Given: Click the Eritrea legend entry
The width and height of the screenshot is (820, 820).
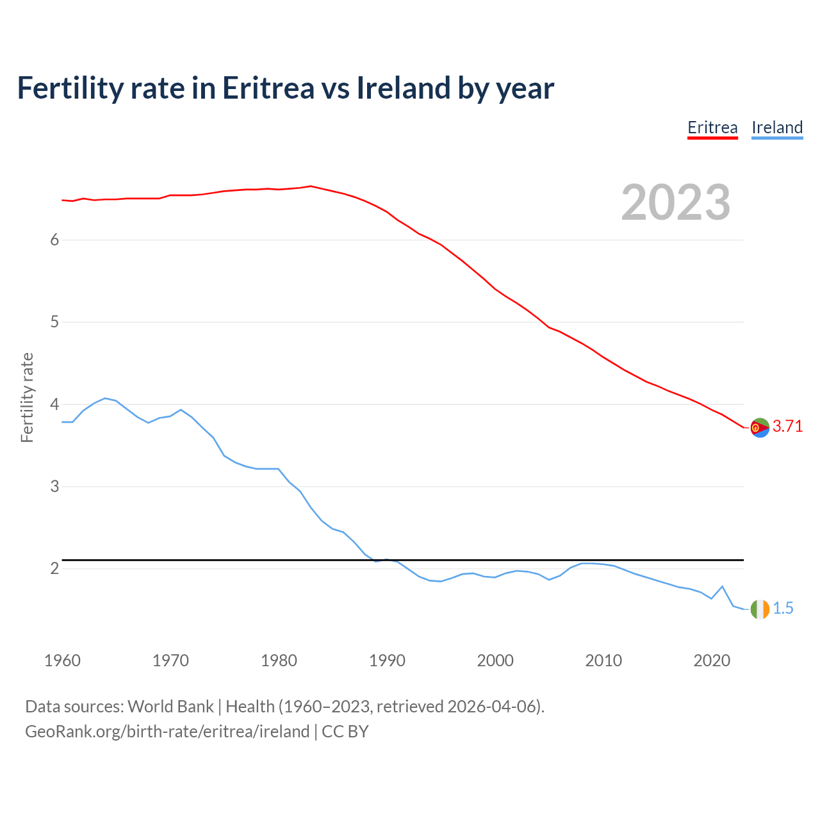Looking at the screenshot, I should pyautogui.click(x=712, y=127).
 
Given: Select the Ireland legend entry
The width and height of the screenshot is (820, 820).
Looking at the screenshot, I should pyautogui.click(x=777, y=127).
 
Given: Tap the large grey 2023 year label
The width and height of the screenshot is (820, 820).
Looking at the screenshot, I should pyautogui.click(x=676, y=202).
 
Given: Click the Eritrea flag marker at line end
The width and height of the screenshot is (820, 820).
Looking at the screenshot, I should pyautogui.click(x=760, y=427).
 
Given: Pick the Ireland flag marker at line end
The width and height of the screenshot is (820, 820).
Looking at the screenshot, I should pyautogui.click(x=760, y=609).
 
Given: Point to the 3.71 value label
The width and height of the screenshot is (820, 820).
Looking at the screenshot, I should pyautogui.click(x=787, y=427).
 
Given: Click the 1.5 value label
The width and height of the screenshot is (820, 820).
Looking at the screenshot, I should pyautogui.click(x=783, y=609).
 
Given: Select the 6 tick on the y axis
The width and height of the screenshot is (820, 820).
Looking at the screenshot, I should pyautogui.click(x=54, y=240).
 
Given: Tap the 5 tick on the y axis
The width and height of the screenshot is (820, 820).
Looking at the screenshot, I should pyautogui.click(x=54, y=322).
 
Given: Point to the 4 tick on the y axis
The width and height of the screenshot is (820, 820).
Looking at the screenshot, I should pyautogui.click(x=54, y=404).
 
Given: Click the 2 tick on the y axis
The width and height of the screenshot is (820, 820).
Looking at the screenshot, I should pyautogui.click(x=54, y=568).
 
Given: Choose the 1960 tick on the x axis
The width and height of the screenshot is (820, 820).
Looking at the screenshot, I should pyautogui.click(x=62, y=660).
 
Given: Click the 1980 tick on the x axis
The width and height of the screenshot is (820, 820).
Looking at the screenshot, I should pyautogui.click(x=279, y=660).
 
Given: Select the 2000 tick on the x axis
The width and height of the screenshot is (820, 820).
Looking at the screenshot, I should pyautogui.click(x=495, y=660).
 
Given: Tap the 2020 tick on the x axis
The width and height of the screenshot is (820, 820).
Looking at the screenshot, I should pyautogui.click(x=712, y=660).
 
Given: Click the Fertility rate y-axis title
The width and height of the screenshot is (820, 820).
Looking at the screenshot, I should pyautogui.click(x=27, y=397).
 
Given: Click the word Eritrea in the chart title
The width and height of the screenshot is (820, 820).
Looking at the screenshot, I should pyautogui.click(x=268, y=88).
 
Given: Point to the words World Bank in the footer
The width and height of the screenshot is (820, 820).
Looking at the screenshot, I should pyautogui.click(x=170, y=707).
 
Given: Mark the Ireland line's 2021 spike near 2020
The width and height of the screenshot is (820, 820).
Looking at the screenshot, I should pyautogui.click(x=722, y=586).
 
